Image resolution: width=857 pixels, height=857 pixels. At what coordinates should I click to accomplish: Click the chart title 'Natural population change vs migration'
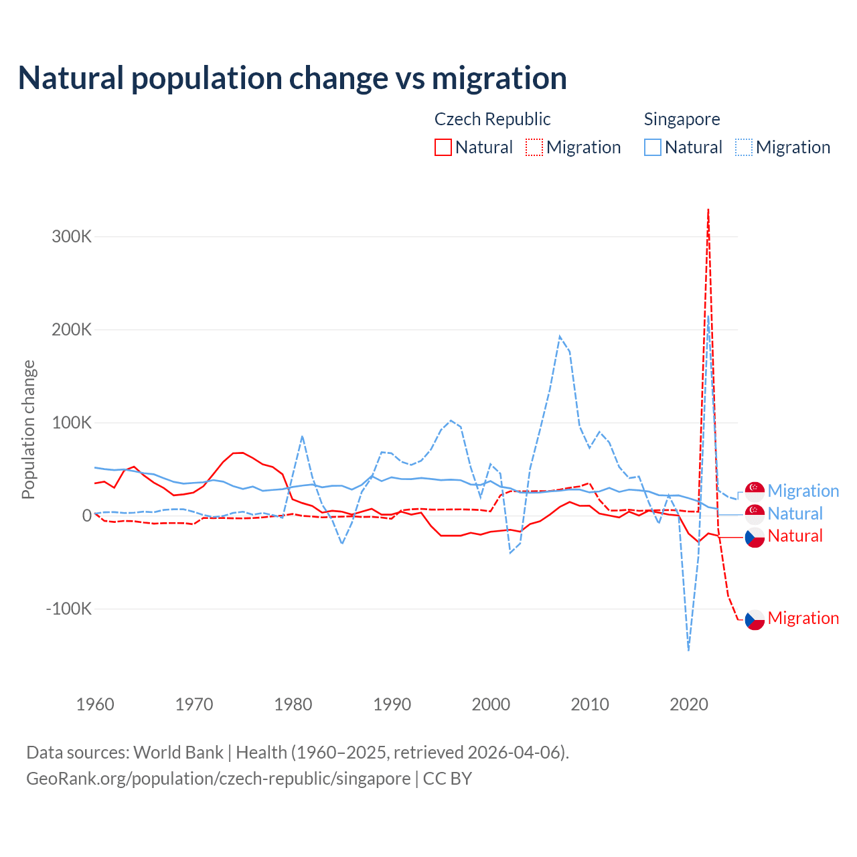click(293, 78)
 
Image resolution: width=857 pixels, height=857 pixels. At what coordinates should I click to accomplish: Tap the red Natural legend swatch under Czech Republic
click(443, 147)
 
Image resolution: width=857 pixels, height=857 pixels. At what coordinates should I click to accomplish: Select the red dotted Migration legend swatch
click(534, 147)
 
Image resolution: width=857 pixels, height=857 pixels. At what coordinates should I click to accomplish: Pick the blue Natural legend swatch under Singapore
click(653, 147)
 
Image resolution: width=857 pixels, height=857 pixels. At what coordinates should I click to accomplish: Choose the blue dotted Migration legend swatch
click(744, 147)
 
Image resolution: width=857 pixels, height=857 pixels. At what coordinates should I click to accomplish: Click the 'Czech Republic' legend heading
click(492, 119)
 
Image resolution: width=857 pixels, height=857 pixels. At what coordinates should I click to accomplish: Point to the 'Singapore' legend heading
click(682, 119)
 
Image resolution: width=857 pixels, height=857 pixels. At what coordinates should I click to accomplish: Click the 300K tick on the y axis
click(72, 236)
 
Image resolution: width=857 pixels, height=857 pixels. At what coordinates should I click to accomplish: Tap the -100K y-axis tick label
click(69, 609)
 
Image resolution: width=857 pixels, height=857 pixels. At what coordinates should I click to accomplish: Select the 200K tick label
click(72, 329)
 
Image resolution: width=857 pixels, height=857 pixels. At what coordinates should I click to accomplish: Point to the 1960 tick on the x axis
click(95, 704)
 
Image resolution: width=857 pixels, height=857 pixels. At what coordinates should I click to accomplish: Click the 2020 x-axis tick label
click(689, 704)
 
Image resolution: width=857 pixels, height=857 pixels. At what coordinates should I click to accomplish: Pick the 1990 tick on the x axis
click(392, 704)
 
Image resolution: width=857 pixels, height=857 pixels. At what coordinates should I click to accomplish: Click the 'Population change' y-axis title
click(28, 429)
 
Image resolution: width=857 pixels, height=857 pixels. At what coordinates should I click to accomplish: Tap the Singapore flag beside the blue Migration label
click(755, 491)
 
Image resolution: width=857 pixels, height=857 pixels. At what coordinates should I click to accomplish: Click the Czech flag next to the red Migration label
click(755, 619)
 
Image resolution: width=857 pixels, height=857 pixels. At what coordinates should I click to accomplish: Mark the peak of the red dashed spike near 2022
click(708, 210)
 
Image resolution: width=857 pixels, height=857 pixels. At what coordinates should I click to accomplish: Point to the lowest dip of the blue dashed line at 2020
click(688, 649)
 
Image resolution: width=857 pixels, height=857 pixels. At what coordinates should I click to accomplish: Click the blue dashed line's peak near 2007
click(560, 336)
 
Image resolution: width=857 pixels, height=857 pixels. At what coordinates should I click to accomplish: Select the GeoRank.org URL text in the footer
click(218, 779)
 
